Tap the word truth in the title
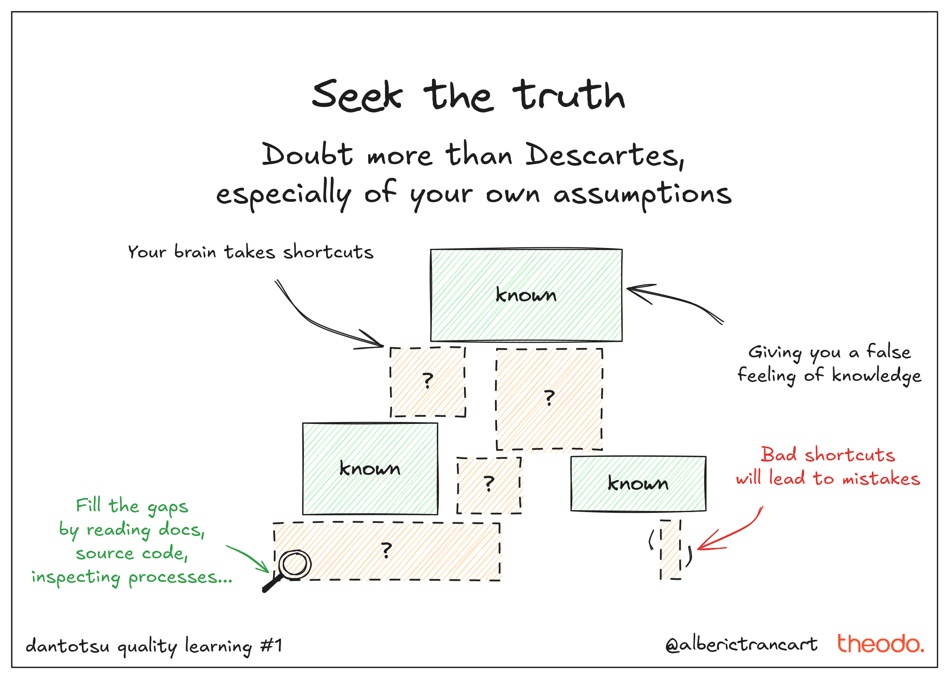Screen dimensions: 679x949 tap(569, 96)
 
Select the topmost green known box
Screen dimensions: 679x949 tap(526, 295)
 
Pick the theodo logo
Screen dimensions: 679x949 tap(880, 644)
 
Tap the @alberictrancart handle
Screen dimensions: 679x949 tap(741, 645)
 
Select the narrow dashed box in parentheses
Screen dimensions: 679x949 tap(670, 549)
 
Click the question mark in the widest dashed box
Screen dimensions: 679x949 tap(387, 550)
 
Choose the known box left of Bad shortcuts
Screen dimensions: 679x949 tap(638, 484)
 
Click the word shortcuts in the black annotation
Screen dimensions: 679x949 tap(328, 252)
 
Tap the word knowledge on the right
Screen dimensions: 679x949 tap(876, 375)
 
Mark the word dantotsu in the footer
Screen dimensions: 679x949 tap(67, 646)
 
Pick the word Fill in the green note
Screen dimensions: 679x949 tap(88, 505)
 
